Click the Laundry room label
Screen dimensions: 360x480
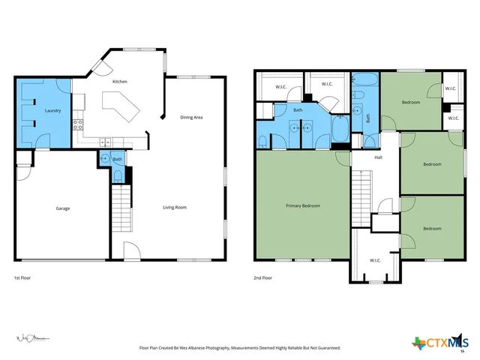pos(52,111)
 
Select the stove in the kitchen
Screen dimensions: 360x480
pos(76,125)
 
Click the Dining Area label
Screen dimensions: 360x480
pos(191,118)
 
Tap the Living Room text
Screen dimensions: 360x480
pos(175,207)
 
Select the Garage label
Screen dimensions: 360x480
pos(62,208)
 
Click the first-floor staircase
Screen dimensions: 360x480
pos(121,209)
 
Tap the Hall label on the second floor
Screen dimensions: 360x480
pos(379,158)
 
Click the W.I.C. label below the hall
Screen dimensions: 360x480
pos(375,261)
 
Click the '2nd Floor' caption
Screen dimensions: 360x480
pos(262,277)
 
